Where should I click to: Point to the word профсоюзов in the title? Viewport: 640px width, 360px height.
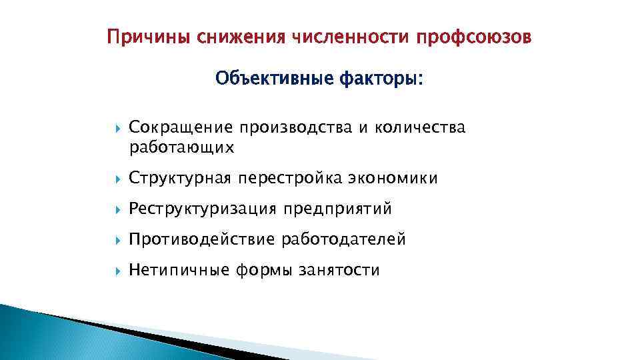coord(474,37)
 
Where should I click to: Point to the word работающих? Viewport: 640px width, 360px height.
coord(181,147)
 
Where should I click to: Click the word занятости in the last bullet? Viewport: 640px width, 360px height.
coord(339,270)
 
